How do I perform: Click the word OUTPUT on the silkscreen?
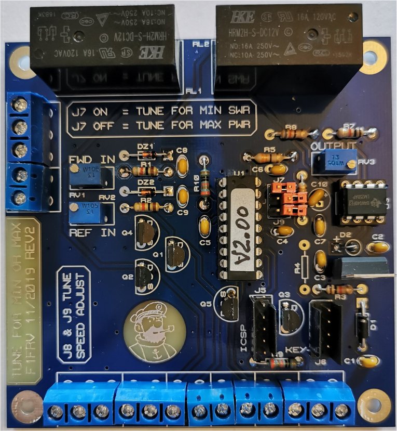coord(333,145)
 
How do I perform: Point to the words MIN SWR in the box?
coord(224,110)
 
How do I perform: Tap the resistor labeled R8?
coord(292,134)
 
